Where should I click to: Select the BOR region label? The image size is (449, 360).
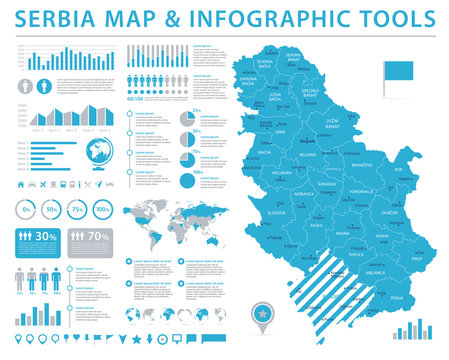coord(398,170)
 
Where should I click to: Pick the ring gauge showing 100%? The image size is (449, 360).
coord(103,209)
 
